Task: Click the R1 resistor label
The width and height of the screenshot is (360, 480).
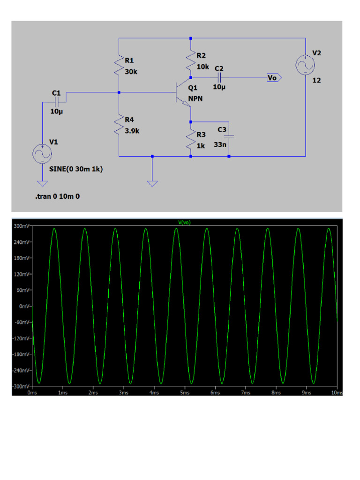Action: click(x=129, y=60)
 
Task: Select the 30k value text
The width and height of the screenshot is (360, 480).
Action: click(x=131, y=72)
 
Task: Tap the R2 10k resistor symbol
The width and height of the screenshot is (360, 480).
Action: click(x=191, y=60)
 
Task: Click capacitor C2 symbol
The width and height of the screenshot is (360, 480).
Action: click(x=219, y=78)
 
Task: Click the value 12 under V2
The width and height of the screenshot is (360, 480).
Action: click(x=316, y=81)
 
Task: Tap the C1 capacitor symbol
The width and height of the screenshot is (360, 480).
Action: click(x=57, y=102)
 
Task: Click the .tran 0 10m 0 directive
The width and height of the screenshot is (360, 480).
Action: click(x=57, y=196)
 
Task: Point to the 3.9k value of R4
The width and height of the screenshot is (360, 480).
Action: click(x=132, y=131)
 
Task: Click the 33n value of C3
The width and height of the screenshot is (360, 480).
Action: click(x=220, y=145)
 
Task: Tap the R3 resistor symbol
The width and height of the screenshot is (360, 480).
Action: click(x=191, y=139)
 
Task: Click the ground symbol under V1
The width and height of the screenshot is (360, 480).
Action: click(x=41, y=183)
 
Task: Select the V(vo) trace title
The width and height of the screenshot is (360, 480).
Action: click(x=184, y=222)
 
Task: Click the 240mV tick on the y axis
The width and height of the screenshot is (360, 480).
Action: click(x=22, y=242)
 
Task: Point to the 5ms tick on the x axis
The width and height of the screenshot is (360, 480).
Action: click(x=184, y=393)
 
